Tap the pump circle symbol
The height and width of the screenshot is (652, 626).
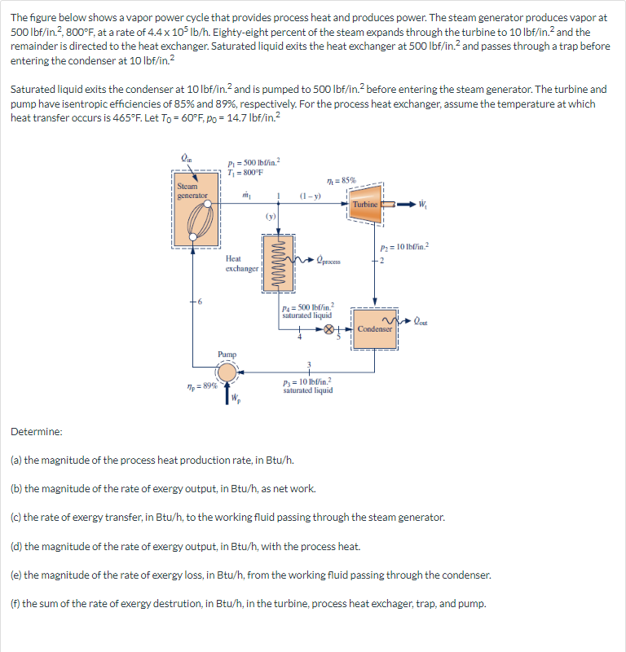tap(227, 373)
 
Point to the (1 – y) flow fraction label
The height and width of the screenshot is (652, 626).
tap(310, 196)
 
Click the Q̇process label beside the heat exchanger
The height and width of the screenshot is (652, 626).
tap(325, 262)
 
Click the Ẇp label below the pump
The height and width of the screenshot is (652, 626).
tap(236, 399)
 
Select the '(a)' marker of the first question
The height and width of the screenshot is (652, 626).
tap(16, 460)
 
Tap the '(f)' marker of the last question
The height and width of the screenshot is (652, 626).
tap(15, 604)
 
